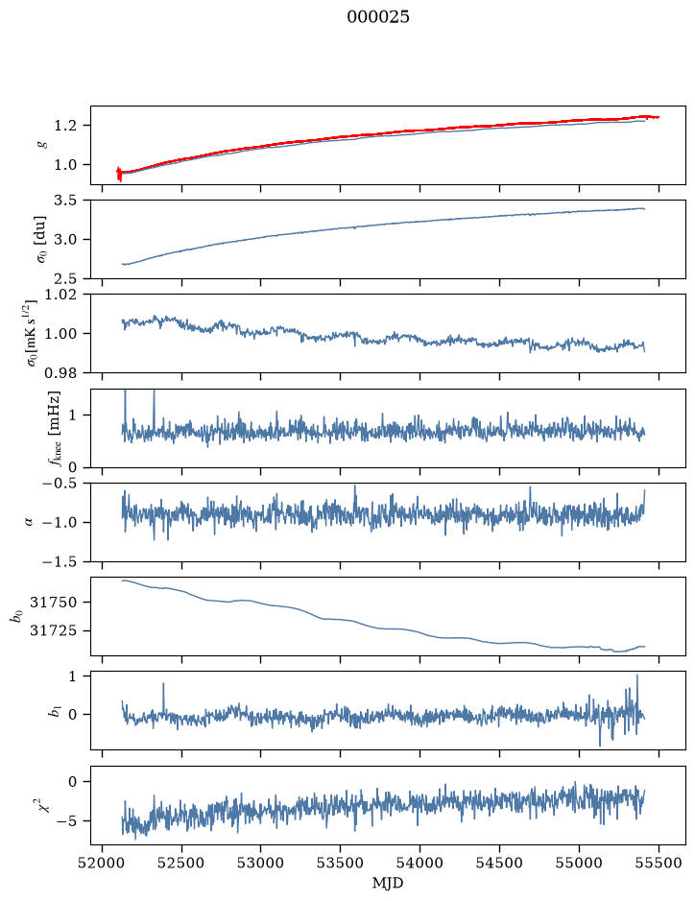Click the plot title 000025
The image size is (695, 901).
[377, 17]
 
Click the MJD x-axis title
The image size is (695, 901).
[388, 883]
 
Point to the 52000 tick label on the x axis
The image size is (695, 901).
[103, 863]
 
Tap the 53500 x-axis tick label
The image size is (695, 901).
[341, 863]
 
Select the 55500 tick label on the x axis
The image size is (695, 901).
[659, 863]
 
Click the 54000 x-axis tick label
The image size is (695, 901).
[419, 863]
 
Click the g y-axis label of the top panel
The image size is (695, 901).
[38, 146]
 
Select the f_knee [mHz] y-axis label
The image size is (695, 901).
[55, 428]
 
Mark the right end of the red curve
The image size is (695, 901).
[659, 117]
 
